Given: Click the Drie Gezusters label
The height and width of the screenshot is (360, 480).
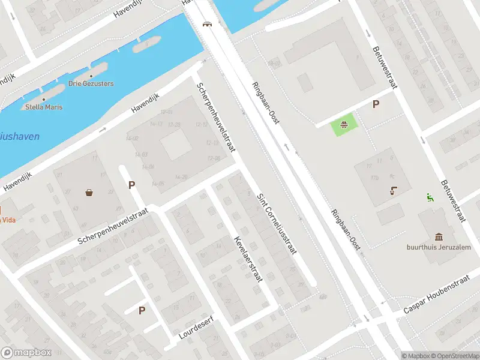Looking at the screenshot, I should coord(91,83).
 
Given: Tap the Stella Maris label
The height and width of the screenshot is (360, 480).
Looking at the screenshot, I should coord(44,107).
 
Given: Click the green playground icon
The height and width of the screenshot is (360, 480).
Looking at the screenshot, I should coord(344,125).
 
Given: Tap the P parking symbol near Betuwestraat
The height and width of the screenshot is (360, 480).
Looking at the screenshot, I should coord(376,104).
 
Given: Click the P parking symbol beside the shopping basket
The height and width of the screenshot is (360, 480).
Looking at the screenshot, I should coord(131,185).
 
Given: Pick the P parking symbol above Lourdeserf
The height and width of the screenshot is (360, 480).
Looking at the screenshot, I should coord(142,310).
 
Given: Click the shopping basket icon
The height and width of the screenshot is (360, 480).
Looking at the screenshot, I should coord(89,193).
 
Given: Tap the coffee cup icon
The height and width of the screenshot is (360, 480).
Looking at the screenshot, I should coord(393,191).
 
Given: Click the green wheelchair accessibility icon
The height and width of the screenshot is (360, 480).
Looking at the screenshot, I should coord(430,196).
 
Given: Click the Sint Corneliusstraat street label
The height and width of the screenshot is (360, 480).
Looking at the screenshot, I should coord(277,224).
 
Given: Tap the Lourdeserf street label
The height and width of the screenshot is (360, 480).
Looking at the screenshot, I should coord(197,328).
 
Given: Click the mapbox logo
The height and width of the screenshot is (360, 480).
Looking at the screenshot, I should coord(26,353).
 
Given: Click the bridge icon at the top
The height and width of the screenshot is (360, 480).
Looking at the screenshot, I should coord(207,24).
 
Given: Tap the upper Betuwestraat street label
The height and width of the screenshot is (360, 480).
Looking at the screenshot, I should coord(384,68).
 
